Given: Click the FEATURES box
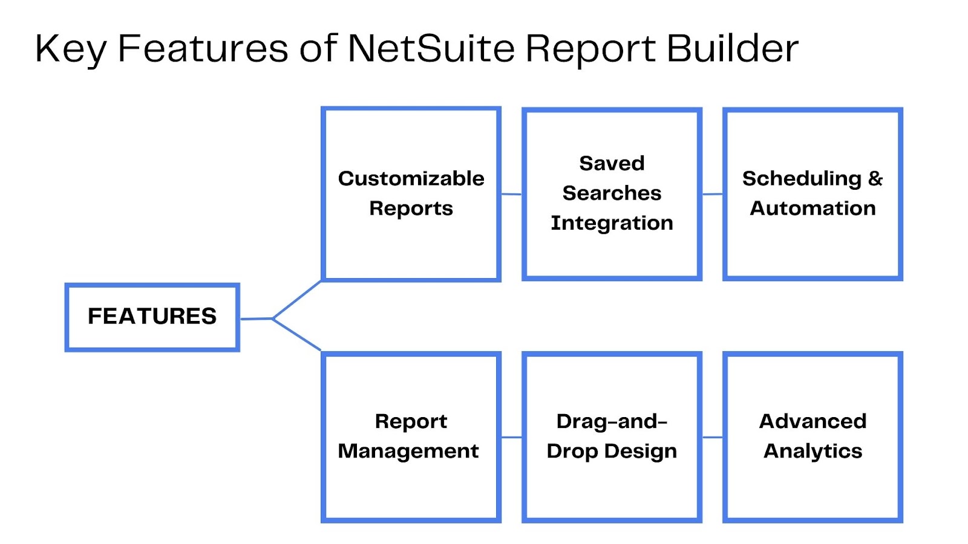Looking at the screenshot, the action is tap(152, 317).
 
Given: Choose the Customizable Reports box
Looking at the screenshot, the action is tap(411, 194).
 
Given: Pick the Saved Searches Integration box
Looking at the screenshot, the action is tap(612, 194).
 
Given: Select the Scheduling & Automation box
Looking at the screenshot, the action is tap(813, 194).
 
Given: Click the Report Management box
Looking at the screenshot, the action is tap(411, 438).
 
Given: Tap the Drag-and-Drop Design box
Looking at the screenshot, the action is tap(612, 438).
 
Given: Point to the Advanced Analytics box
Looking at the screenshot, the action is tap(813, 438).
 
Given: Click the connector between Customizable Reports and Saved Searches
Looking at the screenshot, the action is tap(512, 194).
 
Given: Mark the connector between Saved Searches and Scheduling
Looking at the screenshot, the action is tap(713, 194).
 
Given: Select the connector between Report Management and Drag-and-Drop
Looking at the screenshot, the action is tap(512, 438).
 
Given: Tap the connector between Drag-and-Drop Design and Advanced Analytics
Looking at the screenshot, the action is tap(713, 438).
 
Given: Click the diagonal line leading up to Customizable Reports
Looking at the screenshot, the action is tap(297, 300).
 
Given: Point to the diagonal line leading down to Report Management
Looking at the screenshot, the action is tap(297, 334).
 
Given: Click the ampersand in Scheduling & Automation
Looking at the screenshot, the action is tap(875, 178).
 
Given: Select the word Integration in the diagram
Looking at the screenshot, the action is tap(612, 223).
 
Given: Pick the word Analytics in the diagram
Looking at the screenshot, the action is tap(813, 452).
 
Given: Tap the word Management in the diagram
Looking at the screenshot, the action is tap(408, 452).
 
